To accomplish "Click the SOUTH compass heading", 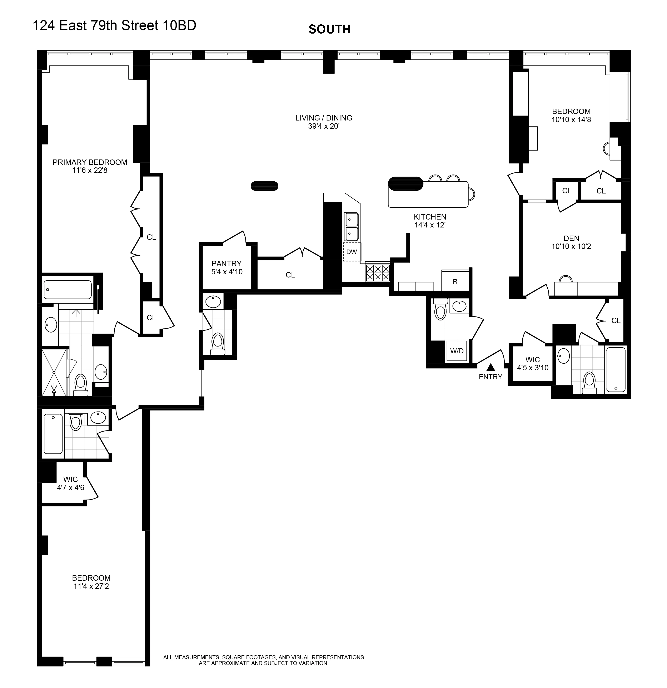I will (x=329, y=29).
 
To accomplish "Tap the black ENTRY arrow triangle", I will (x=491, y=367).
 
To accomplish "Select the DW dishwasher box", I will (x=352, y=252).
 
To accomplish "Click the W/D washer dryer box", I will (x=457, y=351).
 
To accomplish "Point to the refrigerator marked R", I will (x=455, y=281).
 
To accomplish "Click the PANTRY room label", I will (x=226, y=263).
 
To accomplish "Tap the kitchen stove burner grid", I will (x=378, y=273).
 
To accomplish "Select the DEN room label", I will (x=571, y=238).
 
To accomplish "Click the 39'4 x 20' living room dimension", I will (x=324, y=126).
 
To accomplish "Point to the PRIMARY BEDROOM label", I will (x=90, y=162).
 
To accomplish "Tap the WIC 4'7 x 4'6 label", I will (x=70, y=483).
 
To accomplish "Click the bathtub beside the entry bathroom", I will (x=616, y=369).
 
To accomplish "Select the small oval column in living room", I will (x=264, y=186).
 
